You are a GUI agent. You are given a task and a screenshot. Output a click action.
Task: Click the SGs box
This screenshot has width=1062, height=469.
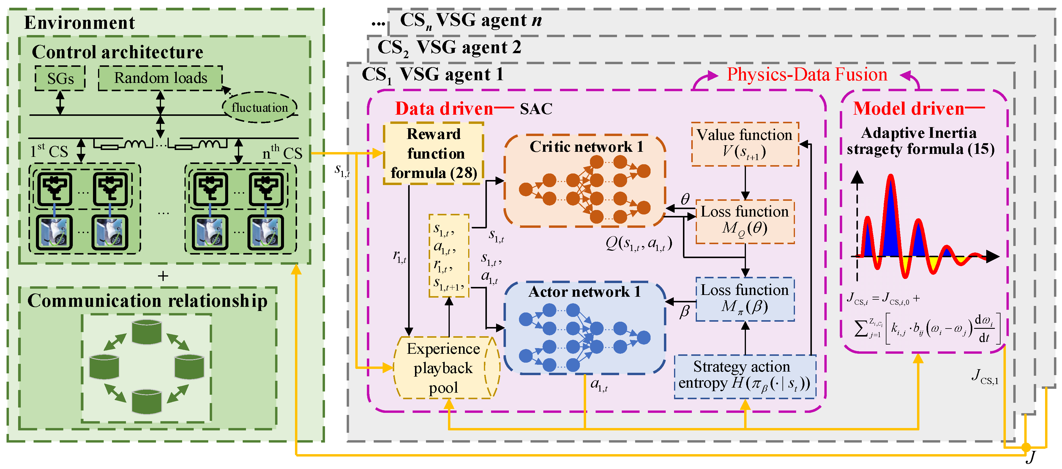coord(60,78)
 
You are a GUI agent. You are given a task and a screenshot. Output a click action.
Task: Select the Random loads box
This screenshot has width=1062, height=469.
coord(160,78)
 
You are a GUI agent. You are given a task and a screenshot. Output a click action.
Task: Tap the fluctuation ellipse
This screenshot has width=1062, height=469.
coord(260,107)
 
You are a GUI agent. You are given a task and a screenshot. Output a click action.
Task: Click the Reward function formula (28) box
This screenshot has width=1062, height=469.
coord(434,153)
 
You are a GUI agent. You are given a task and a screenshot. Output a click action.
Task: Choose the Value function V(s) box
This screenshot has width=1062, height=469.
coord(745,144)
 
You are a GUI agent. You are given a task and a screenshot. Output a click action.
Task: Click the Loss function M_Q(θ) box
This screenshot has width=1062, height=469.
coord(745,222)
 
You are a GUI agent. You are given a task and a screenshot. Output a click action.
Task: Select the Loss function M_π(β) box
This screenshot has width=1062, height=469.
coord(745,299)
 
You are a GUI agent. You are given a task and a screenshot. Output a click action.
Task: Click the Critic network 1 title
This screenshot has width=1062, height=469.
coord(586,147)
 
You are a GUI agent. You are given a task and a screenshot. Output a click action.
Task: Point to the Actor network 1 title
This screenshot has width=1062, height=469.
coord(585,292)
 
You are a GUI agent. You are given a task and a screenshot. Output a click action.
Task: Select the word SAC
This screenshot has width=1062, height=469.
coord(536,109)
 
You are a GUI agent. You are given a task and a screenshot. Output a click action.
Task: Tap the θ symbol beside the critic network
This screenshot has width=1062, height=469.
coord(685,199)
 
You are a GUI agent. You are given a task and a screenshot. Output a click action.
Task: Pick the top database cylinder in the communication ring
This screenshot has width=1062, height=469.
coord(147,332)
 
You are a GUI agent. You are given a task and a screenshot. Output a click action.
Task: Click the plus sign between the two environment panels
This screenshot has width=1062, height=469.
coord(163,276)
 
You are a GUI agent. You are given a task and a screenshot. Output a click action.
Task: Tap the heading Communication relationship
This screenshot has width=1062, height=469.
coord(148,301)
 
